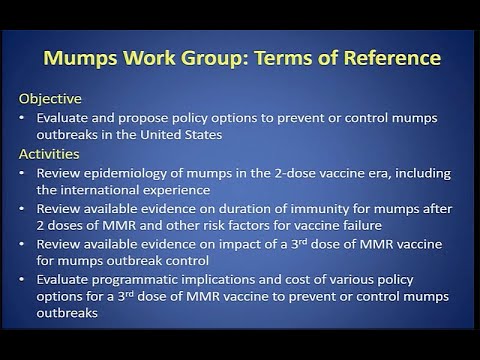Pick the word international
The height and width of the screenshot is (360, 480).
point(108,190)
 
